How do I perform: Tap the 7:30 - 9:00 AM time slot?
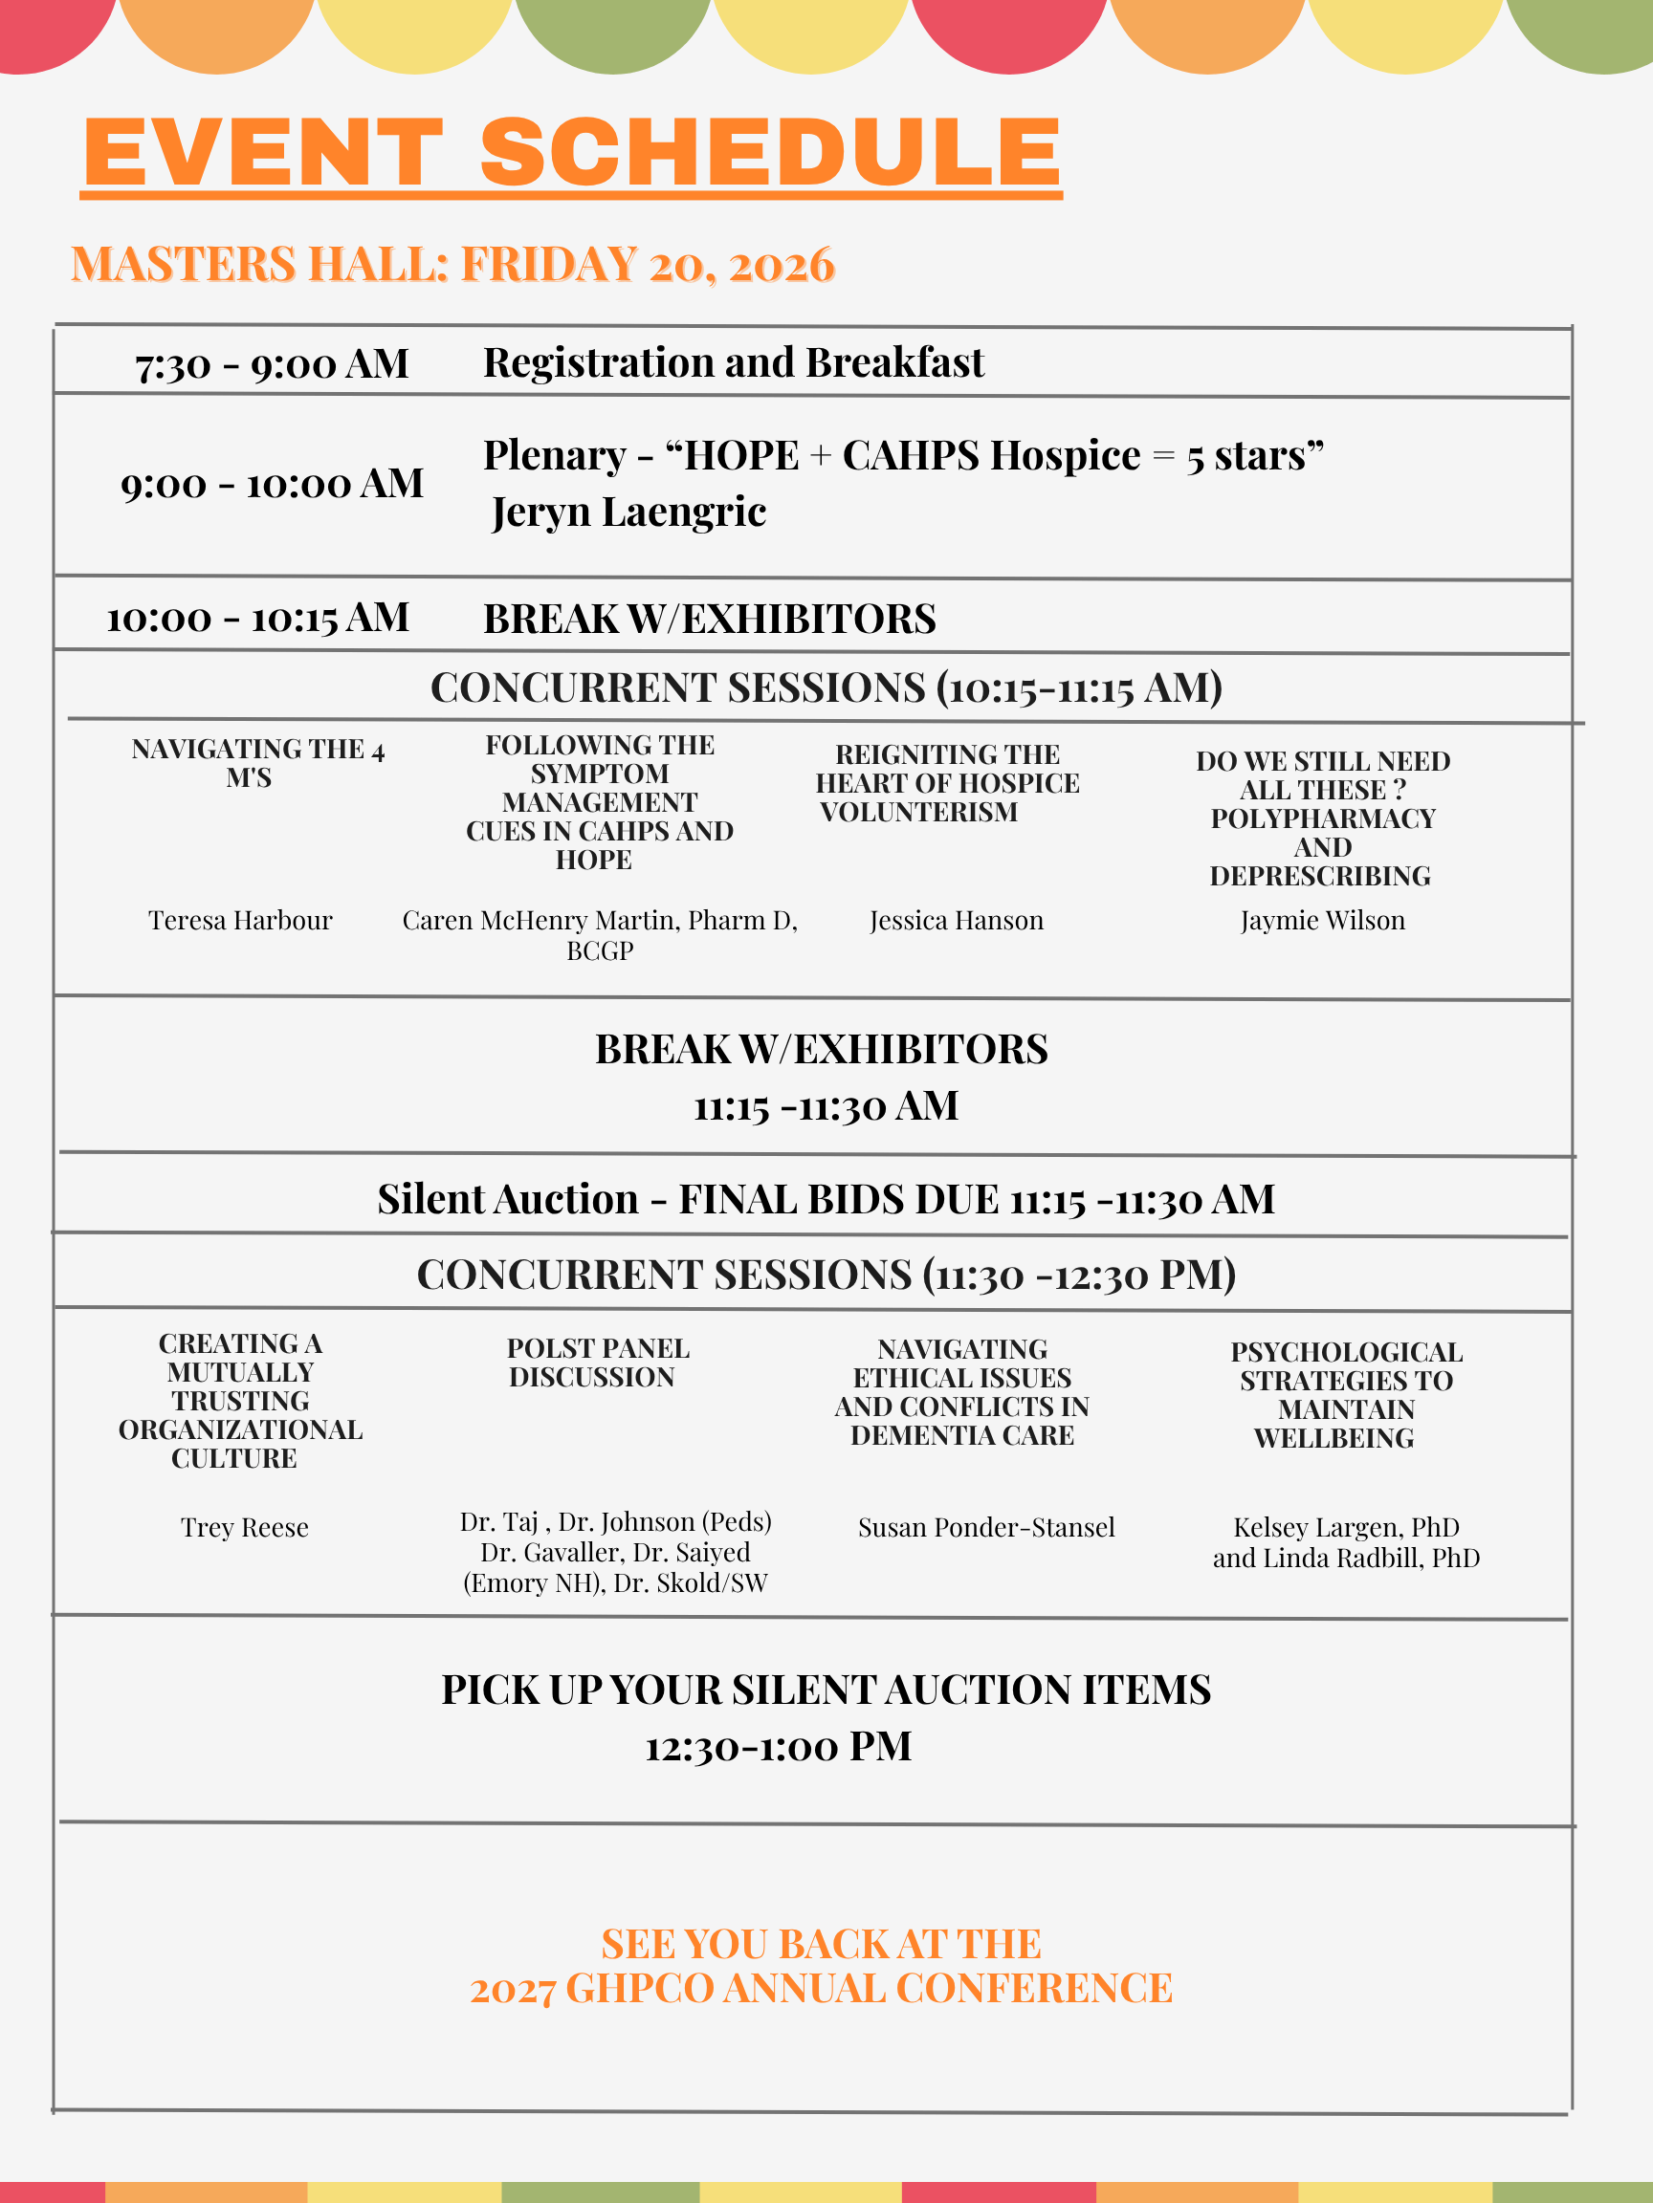(x=272, y=364)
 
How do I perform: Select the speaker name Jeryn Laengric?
(x=628, y=512)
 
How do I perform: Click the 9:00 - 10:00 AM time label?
(x=272, y=484)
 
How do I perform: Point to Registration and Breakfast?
(x=734, y=362)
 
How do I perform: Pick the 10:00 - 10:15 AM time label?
(x=258, y=619)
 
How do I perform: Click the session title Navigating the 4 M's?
(x=257, y=763)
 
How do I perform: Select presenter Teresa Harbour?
(x=240, y=920)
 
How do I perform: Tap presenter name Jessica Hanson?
(x=957, y=920)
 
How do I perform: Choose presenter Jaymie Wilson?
(x=1322, y=920)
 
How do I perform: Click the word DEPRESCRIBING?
(x=1320, y=877)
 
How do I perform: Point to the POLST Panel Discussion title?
(x=597, y=1363)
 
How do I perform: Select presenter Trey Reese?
(x=244, y=1528)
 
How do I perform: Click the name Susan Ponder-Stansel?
(x=986, y=1528)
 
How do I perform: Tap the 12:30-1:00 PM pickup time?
(x=778, y=1747)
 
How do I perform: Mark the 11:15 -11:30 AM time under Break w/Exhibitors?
(x=826, y=1106)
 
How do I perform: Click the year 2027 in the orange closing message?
(x=512, y=1990)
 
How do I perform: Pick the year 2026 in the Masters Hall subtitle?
(x=782, y=265)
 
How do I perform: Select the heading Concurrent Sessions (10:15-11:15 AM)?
(x=826, y=687)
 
